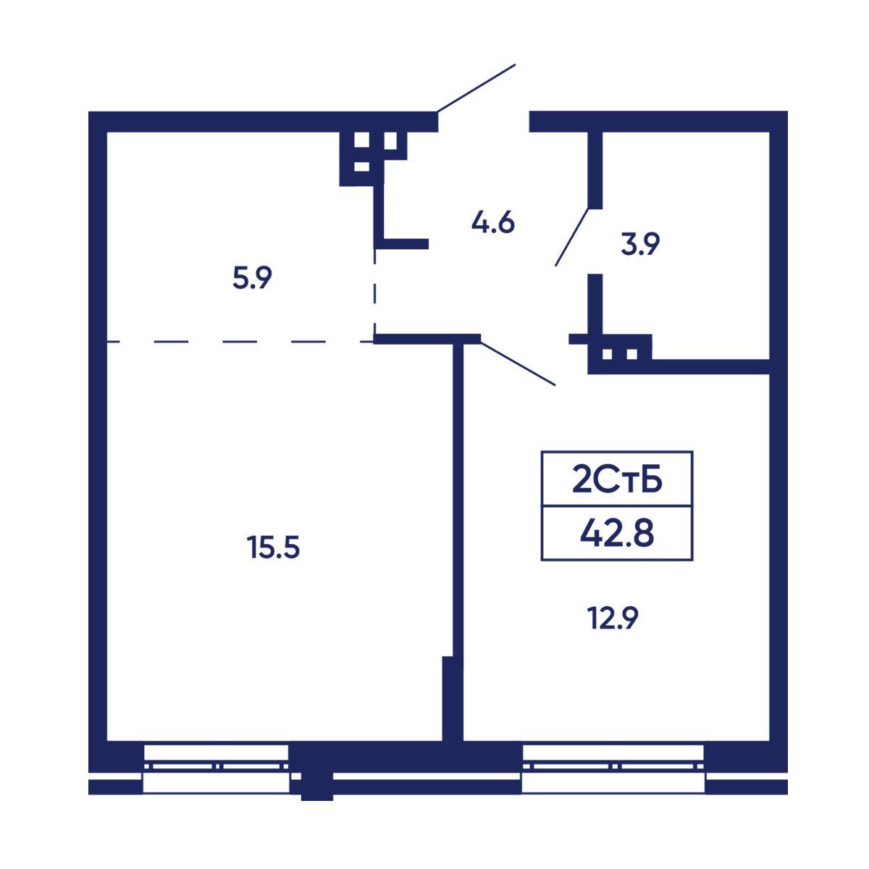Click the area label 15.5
pyautogui.click(x=273, y=547)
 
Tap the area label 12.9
pyautogui.click(x=613, y=618)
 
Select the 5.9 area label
pyautogui.click(x=252, y=277)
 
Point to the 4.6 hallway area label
pyautogui.click(x=493, y=222)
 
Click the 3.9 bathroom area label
pyautogui.click(x=640, y=244)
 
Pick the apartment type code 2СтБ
pyautogui.click(x=617, y=481)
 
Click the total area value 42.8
pyautogui.click(x=617, y=534)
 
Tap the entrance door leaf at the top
pyautogui.click(x=477, y=88)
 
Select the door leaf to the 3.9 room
pyautogui.click(x=572, y=237)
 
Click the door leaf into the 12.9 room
pyautogui.click(x=518, y=364)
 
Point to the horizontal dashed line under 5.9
pyautogui.click(x=240, y=342)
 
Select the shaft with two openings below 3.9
pyautogui.click(x=620, y=354)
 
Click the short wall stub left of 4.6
pyautogui.click(x=401, y=244)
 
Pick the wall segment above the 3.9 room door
pyautogui.click(x=595, y=170)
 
